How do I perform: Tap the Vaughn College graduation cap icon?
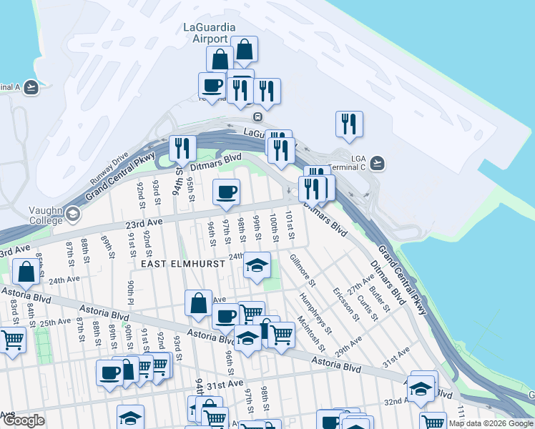(x=73, y=214)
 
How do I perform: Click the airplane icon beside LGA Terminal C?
(x=378, y=163)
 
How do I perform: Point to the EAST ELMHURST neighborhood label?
(x=183, y=264)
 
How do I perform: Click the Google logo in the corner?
(x=24, y=420)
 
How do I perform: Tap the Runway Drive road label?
(x=109, y=169)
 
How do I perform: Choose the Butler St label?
(x=381, y=295)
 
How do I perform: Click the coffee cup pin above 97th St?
(x=227, y=191)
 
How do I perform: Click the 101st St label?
(x=290, y=225)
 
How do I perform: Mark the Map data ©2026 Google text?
(x=490, y=423)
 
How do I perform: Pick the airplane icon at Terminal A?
(x=30, y=87)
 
